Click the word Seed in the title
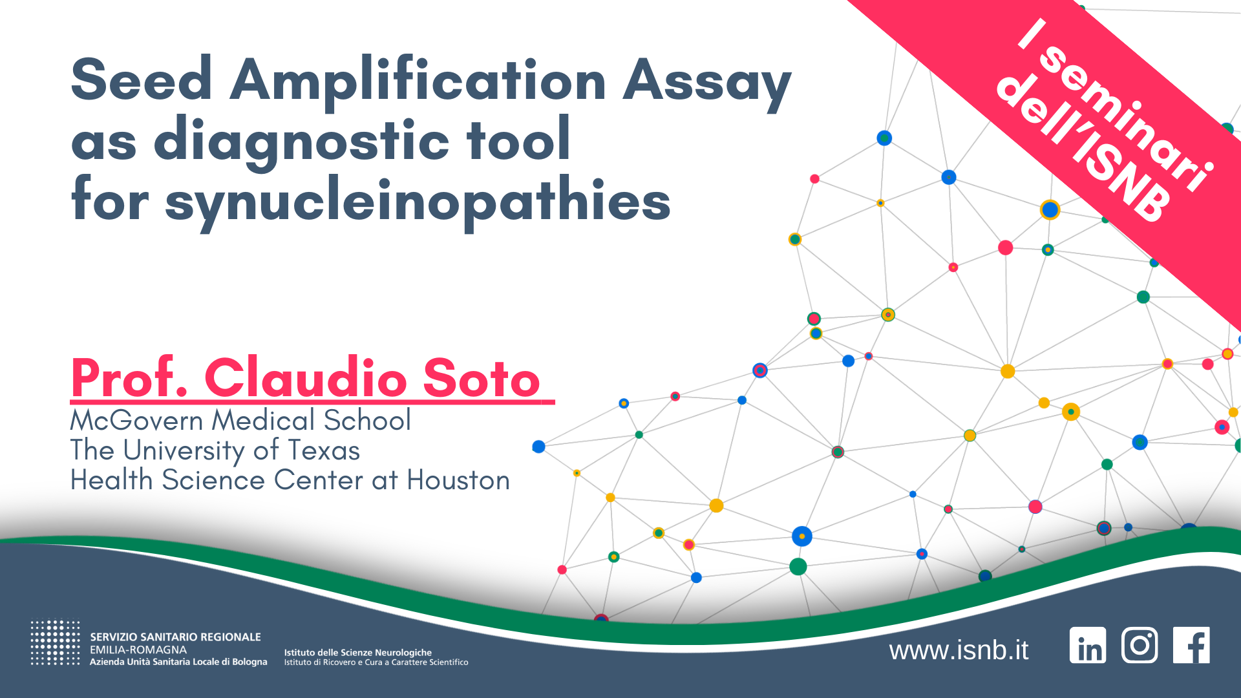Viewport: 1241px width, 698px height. pos(142,79)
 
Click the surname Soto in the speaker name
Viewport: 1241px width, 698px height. pos(482,378)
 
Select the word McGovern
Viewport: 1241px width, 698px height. pos(136,421)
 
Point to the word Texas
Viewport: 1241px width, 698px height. pos(324,450)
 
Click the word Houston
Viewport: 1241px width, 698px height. pos(458,480)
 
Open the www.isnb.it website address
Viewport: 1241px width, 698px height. pos(959,650)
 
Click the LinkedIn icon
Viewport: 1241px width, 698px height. pos(1088,645)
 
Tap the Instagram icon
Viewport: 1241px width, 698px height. pos(1140,645)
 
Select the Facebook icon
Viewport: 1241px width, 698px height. pos(1191,645)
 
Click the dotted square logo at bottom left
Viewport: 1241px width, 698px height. pos(56,642)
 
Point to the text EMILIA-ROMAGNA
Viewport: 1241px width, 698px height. pos(138,650)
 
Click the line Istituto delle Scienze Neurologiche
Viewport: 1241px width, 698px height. pos(358,653)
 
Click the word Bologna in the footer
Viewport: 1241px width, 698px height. pos(249,662)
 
